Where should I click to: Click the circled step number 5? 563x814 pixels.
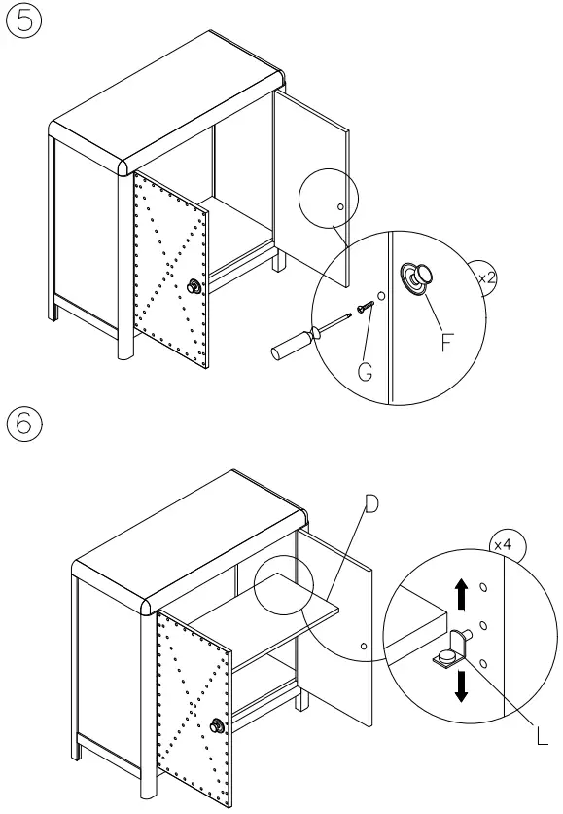pos(24,23)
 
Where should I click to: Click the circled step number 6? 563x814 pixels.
pos(24,425)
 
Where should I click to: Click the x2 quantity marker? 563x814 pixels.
pos(487,277)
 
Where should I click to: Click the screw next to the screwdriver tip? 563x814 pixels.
pos(364,307)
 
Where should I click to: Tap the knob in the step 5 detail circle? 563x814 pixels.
pos(420,277)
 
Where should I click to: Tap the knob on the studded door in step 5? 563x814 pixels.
pos(194,285)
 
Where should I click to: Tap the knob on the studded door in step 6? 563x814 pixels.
pos(219,725)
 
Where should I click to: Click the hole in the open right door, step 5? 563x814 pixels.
pos(338,206)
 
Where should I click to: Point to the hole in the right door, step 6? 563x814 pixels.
pos(362,646)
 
